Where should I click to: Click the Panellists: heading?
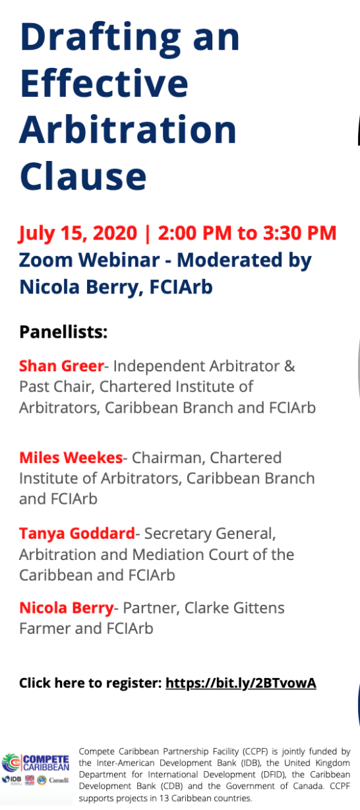point(63,331)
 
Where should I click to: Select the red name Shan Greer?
point(61,365)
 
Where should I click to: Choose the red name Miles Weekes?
point(71,457)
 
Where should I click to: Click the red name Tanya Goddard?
point(77,533)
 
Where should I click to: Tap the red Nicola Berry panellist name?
point(67,607)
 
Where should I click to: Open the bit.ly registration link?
point(241,683)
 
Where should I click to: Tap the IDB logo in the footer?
point(13,780)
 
